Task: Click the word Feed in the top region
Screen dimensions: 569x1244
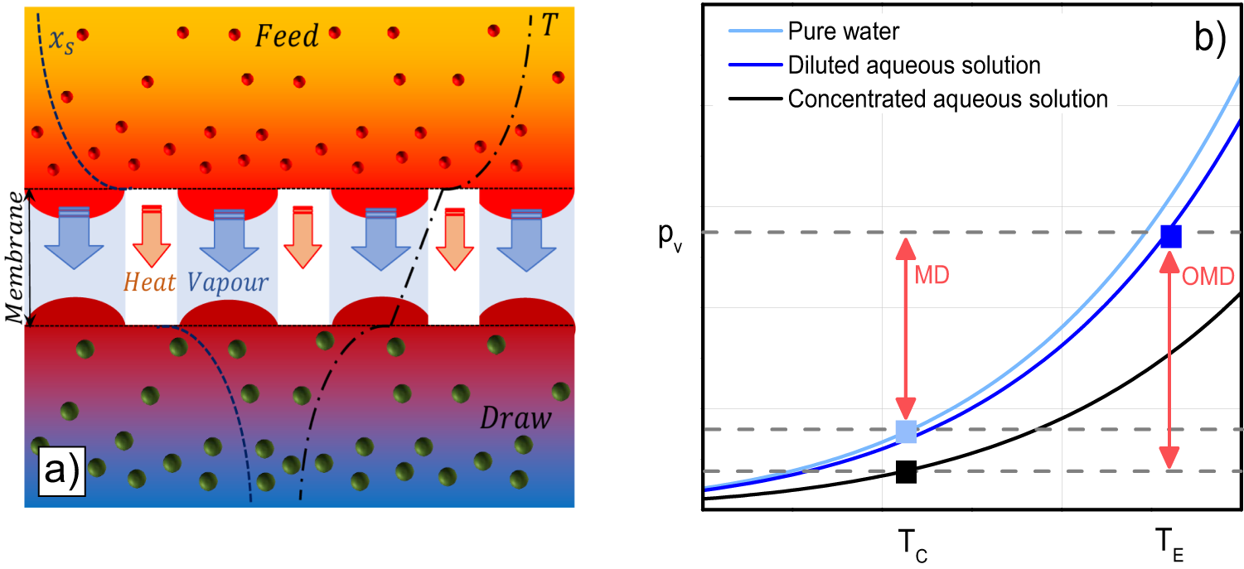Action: pyautogui.click(x=286, y=36)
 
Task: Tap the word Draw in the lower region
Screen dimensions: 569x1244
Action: pyautogui.click(x=516, y=419)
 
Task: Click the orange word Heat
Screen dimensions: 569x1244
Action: pyautogui.click(x=150, y=282)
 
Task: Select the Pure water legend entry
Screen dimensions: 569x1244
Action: pyautogui.click(x=844, y=32)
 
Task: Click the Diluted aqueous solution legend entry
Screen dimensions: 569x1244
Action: pyautogui.click(x=914, y=65)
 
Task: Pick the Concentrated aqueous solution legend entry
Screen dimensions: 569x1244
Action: pyautogui.click(x=947, y=99)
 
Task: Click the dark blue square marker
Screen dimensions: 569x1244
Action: pyautogui.click(x=1170, y=236)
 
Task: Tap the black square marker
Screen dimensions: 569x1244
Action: pyautogui.click(x=906, y=471)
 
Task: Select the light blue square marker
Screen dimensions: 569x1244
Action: pyautogui.click(x=907, y=431)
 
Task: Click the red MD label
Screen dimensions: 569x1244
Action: pyautogui.click(x=932, y=277)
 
